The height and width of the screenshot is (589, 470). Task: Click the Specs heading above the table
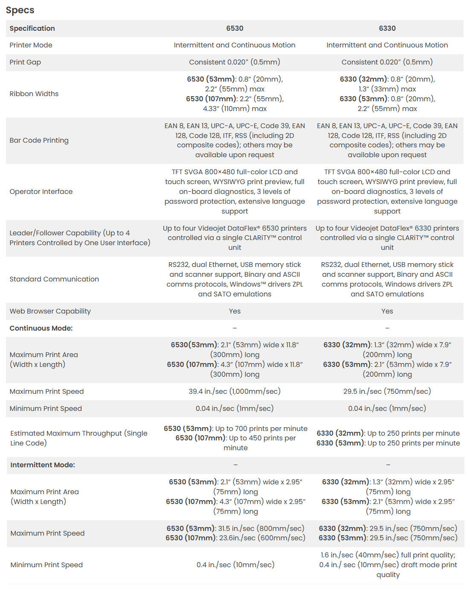20,10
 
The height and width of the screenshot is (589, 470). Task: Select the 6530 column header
235,28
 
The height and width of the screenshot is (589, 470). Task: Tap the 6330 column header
387,28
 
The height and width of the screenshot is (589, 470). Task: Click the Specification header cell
32,28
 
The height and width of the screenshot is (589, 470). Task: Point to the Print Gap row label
25,62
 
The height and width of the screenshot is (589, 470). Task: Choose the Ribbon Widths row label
34,94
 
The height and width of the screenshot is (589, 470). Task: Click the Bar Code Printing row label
39,140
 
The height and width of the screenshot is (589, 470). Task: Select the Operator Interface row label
41,191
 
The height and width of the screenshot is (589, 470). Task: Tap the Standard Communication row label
54,279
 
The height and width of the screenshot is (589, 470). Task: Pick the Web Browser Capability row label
50,311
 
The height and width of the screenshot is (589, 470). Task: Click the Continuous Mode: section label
41,328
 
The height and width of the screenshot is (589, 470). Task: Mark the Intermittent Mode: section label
43,465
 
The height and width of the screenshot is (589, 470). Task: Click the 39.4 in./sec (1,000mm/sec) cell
235,391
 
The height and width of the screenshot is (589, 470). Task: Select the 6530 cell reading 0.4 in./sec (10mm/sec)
235,565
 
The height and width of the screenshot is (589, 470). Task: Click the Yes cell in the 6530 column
235,311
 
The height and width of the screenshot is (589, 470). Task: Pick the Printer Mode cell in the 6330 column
387,45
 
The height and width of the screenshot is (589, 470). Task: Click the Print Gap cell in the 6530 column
235,62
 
